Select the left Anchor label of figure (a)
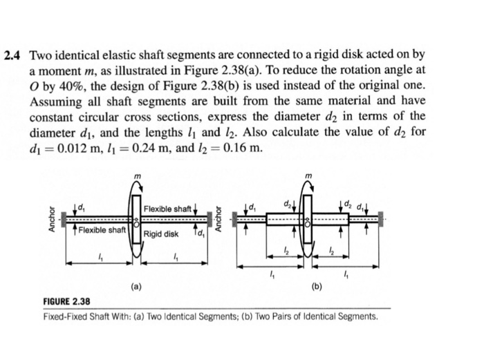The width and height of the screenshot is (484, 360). pyautogui.click(x=51, y=219)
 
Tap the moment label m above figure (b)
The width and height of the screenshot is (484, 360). pyautogui.click(x=308, y=180)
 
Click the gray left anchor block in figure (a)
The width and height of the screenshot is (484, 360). pyautogui.click(x=64, y=220)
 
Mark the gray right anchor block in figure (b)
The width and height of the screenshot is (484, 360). pyautogui.click(x=381, y=220)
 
